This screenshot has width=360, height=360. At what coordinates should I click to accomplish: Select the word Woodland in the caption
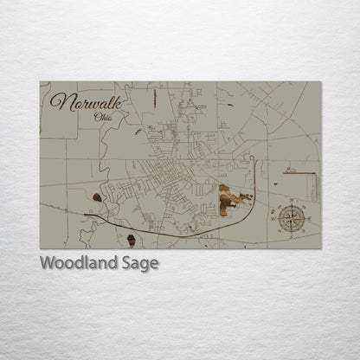(77, 263)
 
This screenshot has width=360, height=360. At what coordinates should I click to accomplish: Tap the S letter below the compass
(292, 237)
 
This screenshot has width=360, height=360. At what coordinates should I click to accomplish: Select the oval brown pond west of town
(97, 197)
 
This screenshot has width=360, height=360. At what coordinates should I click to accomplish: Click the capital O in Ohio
(83, 117)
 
